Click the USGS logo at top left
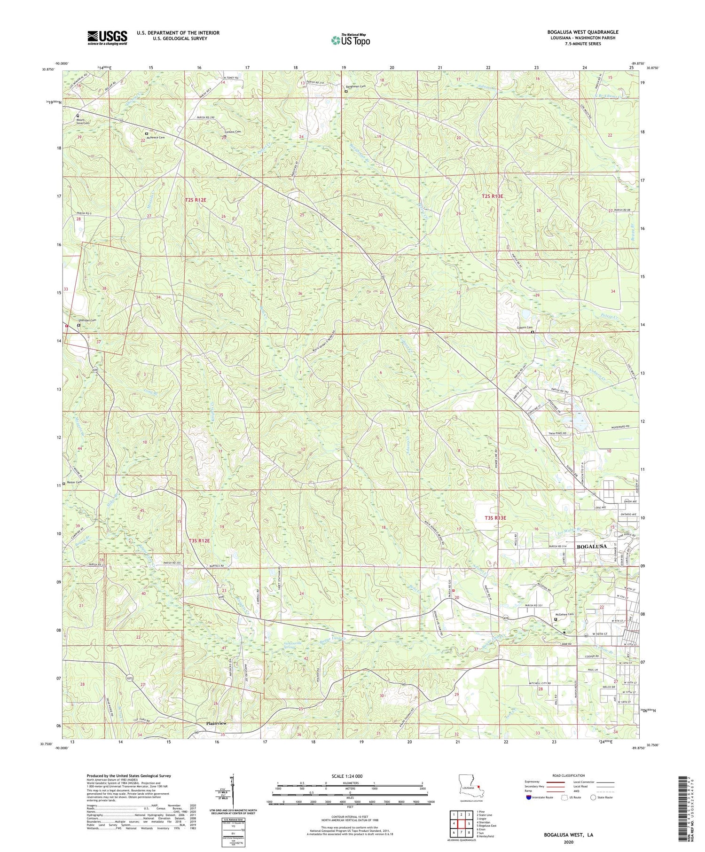[x=107, y=38]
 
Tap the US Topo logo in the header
[x=350, y=40]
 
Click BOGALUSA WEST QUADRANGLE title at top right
[x=583, y=32]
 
